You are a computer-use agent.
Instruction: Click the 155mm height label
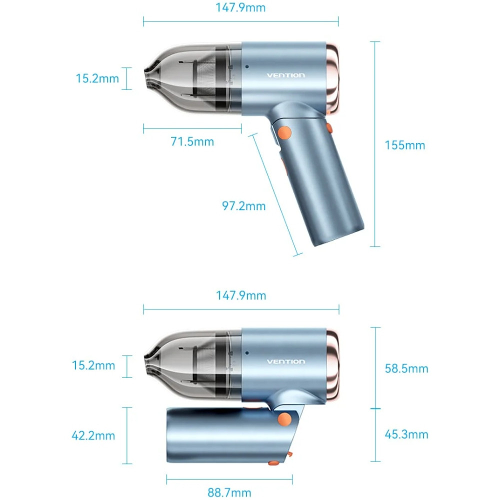(x=404, y=145)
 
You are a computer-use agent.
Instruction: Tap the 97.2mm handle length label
(x=244, y=205)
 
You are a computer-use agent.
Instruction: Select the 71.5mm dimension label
(x=192, y=142)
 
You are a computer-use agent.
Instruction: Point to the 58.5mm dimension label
(x=406, y=368)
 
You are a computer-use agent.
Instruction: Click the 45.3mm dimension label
(x=406, y=434)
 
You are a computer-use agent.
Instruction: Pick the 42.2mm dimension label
(x=93, y=435)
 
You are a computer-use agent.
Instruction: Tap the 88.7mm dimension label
(x=229, y=492)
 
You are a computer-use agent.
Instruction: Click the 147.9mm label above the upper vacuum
(x=240, y=7)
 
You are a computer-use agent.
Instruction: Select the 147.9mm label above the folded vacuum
(x=241, y=295)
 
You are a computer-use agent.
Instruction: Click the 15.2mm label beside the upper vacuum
(x=97, y=78)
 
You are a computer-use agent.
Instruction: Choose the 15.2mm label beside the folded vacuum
(x=93, y=365)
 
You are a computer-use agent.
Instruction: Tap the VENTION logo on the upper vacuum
(x=285, y=75)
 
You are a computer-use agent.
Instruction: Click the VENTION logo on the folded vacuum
(x=285, y=361)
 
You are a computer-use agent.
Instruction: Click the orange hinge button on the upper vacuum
(x=284, y=133)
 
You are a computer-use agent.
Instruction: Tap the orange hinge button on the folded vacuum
(x=285, y=419)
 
